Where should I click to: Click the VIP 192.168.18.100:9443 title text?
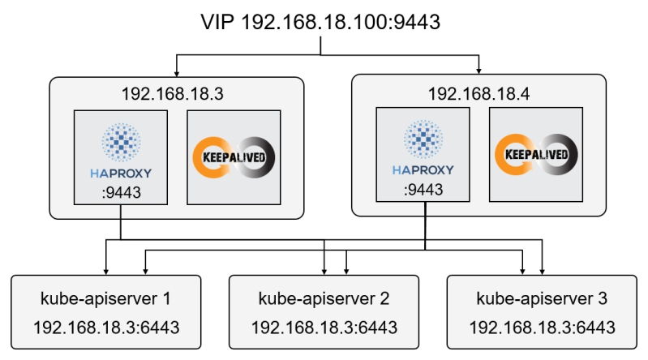[x=321, y=22]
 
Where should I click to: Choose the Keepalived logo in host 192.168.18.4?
[x=537, y=154]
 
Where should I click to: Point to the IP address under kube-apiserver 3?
[x=542, y=328]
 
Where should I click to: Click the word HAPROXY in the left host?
[x=121, y=172]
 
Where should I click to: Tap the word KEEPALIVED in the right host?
[x=537, y=154]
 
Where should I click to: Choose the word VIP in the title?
[x=219, y=22]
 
